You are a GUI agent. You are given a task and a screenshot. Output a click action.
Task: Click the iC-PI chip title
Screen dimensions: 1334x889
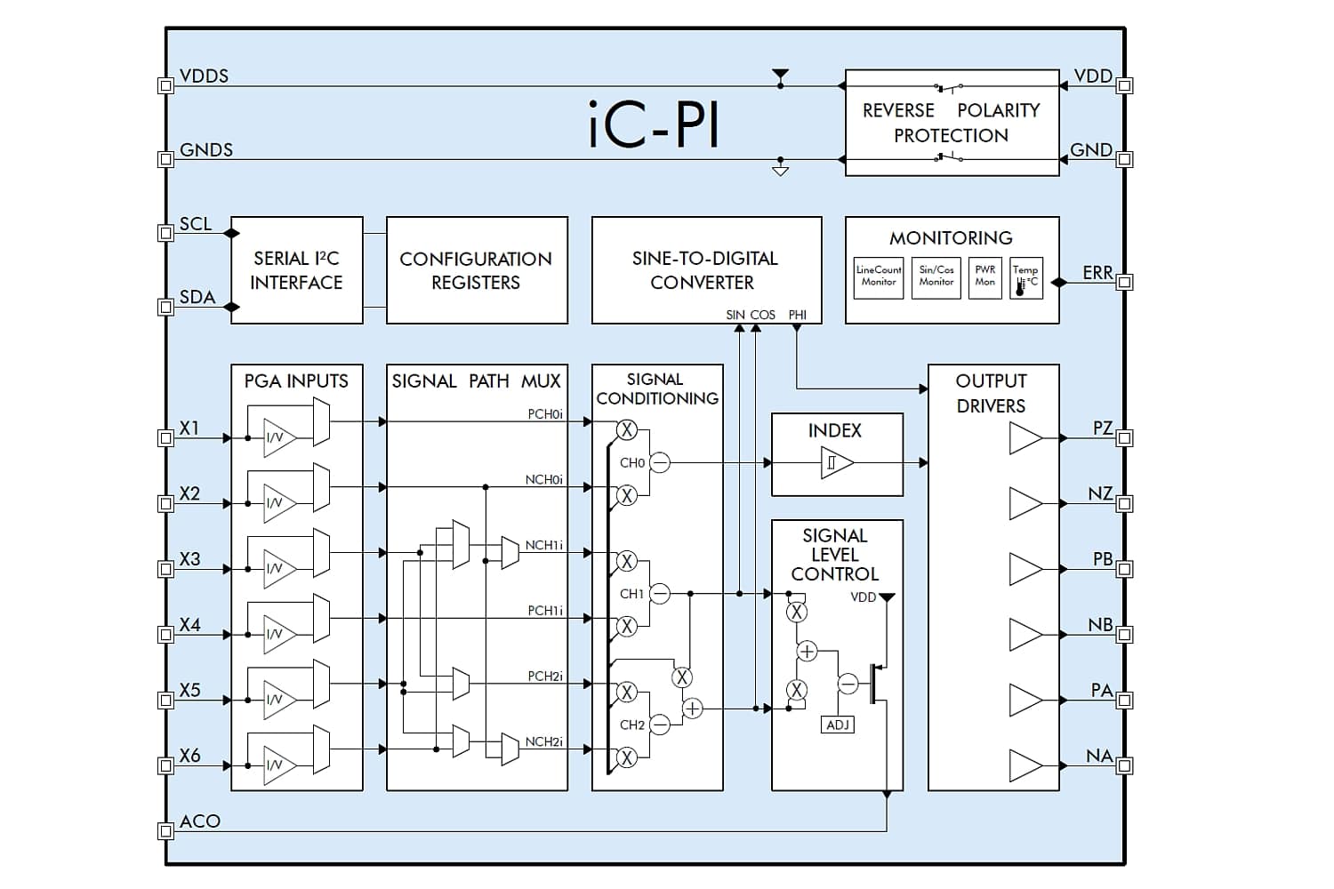pyautogui.click(x=654, y=124)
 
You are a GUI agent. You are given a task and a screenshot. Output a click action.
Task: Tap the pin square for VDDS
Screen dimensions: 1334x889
pyautogui.click(x=165, y=85)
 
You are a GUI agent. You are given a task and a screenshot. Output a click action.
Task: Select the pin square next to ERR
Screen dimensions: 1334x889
pyautogui.click(x=1124, y=282)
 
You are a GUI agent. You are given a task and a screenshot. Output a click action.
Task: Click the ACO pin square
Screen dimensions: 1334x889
pyautogui.click(x=165, y=830)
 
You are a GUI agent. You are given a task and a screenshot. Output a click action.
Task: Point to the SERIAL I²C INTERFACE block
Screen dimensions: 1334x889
pyautogui.click(x=296, y=270)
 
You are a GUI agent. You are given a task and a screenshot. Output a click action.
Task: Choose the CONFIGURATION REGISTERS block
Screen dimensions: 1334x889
pyautogui.click(x=477, y=270)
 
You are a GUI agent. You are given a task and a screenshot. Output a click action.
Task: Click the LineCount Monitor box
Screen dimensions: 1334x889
pyautogui.click(x=879, y=278)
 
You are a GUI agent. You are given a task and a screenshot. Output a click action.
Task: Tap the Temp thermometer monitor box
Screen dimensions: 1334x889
pyautogui.click(x=1026, y=278)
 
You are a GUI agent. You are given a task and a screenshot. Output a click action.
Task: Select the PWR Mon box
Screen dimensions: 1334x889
pyautogui.click(x=985, y=278)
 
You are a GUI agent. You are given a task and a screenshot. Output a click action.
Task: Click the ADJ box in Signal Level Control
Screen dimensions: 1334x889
pyautogui.click(x=838, y=725)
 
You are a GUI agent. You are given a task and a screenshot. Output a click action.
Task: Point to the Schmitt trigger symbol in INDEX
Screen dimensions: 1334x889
pyautogui.click(x=837, y=462)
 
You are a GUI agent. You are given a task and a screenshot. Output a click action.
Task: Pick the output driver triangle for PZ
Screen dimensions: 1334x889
pyautogui.click(x=1025, y=438)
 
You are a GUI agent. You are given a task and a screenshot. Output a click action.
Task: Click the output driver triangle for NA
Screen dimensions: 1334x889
pyautogui.click(x=1025, y=765)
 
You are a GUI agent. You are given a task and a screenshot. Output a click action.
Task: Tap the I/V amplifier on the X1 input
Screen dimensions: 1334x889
pyautogui.click(x=279, y=438)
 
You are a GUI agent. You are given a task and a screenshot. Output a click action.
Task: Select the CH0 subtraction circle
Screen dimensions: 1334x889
pyautogui.click(x=659, y=462)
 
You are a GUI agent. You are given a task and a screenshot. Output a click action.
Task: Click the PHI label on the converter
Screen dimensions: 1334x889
pyautogui.click(x=798, y=315)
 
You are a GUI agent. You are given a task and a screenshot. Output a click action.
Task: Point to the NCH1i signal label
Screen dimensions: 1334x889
pyautogui.click(x=543, y=546)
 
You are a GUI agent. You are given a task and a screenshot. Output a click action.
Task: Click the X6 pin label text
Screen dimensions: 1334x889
pyautogui.click(x=190, y=756)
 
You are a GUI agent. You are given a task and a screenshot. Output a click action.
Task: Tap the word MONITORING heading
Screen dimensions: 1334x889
pyautogui.click(x=951, y=238)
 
